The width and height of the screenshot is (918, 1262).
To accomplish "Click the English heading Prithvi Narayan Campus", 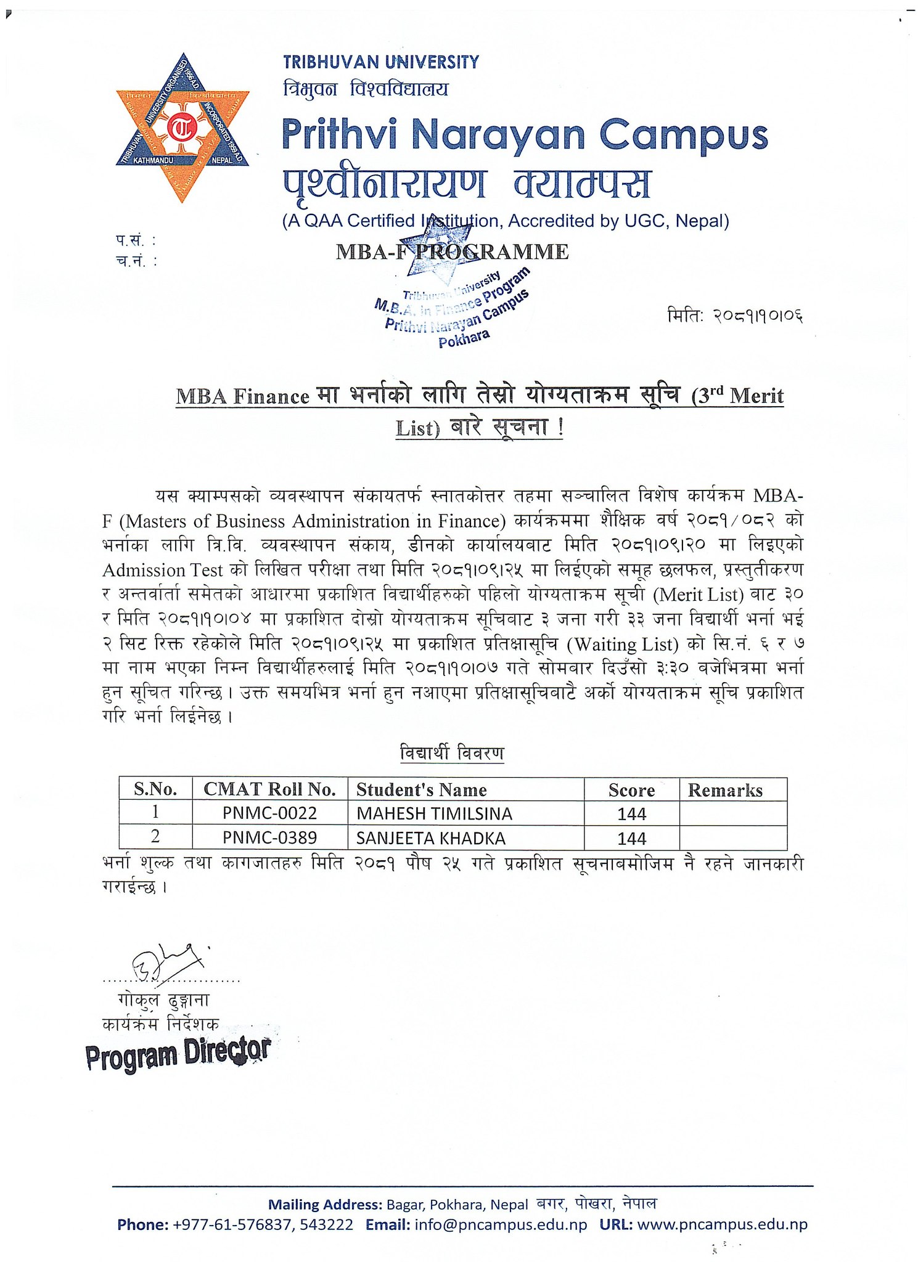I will click(524, 135).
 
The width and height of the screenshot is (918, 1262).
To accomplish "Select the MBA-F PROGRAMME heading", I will click(452, 252).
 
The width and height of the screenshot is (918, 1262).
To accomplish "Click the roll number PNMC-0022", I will click(269, 813).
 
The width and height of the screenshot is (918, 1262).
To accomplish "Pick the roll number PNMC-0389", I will click(269, 838).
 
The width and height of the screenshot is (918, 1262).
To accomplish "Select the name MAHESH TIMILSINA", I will click(434, 814).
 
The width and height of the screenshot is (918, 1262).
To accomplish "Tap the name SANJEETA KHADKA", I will click(430, 839).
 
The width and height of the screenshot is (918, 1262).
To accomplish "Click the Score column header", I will click(631, 790).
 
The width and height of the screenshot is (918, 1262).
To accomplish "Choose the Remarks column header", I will click(725, 790).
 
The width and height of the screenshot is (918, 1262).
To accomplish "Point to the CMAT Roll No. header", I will click(269, 789).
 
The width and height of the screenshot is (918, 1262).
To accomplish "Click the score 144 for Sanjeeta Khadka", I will click(631, 839).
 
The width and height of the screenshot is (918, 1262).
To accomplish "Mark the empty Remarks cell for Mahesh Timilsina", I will click(732, 813).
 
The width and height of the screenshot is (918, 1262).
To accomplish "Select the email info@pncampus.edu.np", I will click(501, 1224).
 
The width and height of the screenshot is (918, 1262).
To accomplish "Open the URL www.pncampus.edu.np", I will click(722, 1224).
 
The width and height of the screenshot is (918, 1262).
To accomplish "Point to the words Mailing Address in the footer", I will click(324, 1204).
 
